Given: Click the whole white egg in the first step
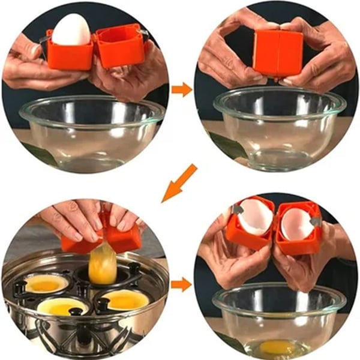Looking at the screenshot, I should [x=70, y=30].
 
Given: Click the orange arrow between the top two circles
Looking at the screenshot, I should [x=181, y=90].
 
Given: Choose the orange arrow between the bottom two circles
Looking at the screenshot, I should [x=181, y=283].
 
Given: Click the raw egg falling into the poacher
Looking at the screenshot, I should [x=102, y=264].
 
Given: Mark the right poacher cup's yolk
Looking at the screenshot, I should [x=127, y=299].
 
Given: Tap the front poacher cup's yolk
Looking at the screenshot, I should [x=64, y=307].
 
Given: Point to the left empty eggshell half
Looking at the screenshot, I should [x=255, y=217].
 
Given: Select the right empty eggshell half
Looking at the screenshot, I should [x=296, y=224].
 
